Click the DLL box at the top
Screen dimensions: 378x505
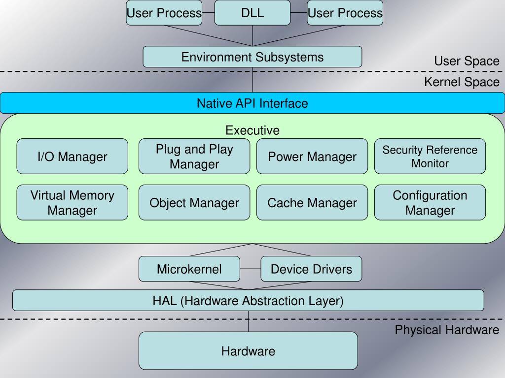tap(252, 13)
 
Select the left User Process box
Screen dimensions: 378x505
tap(164, 13)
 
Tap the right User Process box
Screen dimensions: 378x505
tap(345, 13)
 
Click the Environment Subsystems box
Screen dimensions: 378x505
tap(252, 57)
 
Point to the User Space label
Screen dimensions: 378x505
tap(467, 61)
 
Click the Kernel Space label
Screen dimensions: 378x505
tap(462, 82)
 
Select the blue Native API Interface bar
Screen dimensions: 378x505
tap(252, 103)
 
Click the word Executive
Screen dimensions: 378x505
tap(252, 130)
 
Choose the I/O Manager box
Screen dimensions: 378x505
tap(72, 157)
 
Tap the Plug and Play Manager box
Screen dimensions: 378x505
tap(194, 157)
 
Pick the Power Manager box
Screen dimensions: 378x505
tap(312, 157)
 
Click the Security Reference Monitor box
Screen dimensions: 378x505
tap(430, 157)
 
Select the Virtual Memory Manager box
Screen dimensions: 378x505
tap(72, 203)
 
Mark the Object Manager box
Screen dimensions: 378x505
tap(194, 203)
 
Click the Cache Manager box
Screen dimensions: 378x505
tap(312, 203)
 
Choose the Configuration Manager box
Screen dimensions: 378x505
tap(430, 203)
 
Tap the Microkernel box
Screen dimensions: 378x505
tap(189, 269)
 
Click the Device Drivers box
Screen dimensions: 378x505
tap(311, 269)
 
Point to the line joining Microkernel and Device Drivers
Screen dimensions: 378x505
tap(250, 269)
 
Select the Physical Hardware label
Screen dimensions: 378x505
tap(447, 330)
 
